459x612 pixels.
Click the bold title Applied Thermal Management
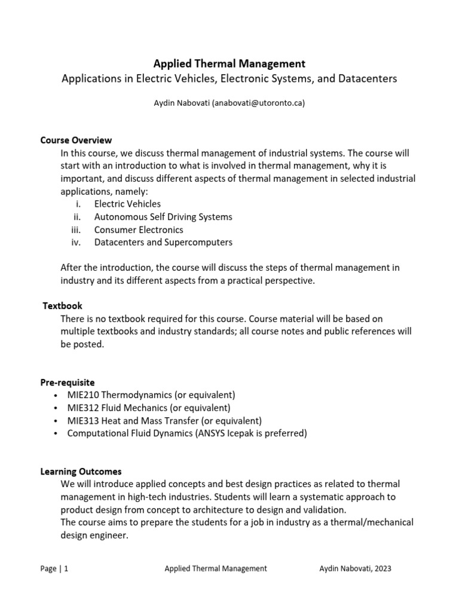(229, 63)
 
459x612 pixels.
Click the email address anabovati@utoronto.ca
(258, 103)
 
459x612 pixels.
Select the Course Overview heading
(76, 140)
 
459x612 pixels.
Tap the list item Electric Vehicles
(127, 204)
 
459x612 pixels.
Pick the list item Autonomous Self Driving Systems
(163, 217)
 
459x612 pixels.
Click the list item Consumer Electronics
(139, 229)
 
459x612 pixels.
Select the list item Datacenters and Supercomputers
(163, 242)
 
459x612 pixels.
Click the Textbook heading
(63, 306)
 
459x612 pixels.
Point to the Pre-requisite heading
(68, 382)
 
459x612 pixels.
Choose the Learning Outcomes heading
(81, 472)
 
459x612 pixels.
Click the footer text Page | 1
(54, 569)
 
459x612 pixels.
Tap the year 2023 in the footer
(381, 569)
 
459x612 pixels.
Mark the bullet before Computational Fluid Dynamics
(56, 434)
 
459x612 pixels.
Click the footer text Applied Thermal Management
(216, 569)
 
